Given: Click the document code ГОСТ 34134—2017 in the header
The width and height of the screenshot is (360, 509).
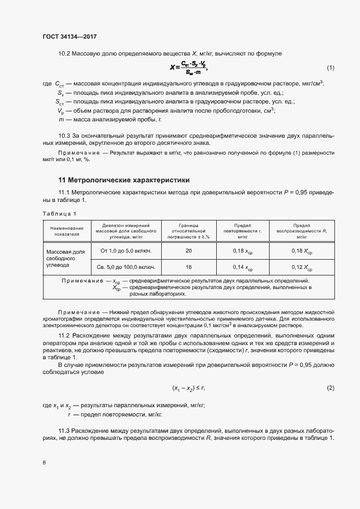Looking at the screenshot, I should point(69,36).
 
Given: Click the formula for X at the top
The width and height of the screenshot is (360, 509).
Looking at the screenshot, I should point(188,68).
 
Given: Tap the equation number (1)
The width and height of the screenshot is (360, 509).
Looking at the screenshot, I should point(330,68).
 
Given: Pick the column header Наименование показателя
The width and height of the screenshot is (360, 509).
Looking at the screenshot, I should point(66,231).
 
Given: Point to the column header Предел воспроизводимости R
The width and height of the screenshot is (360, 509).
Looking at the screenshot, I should point(302,231).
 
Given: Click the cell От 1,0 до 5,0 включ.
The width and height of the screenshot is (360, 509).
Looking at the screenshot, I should point(126,251).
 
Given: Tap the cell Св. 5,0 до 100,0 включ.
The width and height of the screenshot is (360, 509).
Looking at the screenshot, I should point(126,267).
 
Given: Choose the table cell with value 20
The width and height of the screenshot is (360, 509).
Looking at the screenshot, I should point(188,251).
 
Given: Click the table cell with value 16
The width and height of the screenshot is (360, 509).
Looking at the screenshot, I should point(188,267).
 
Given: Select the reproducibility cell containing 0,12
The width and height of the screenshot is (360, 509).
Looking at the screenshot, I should point(302,268).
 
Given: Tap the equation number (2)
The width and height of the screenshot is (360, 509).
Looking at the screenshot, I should point(330,388).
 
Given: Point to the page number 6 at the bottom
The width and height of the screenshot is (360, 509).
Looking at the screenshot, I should point(44,463).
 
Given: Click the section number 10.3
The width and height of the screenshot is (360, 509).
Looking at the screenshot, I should point(65,135).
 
